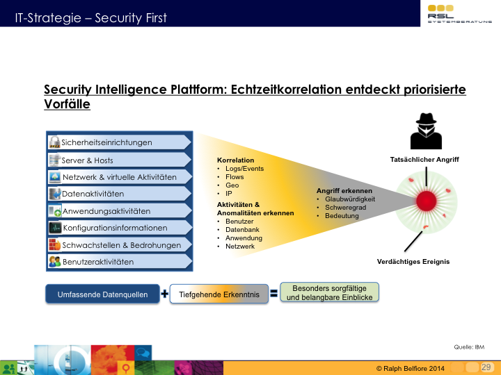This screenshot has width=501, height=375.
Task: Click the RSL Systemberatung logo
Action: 459,14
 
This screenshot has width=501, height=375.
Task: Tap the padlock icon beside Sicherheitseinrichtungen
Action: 55,142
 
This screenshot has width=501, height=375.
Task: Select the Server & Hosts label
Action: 87,160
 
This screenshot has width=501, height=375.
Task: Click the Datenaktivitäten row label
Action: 93,194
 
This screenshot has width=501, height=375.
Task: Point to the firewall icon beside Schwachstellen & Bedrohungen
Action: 55,244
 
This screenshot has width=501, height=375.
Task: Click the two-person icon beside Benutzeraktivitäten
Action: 55,262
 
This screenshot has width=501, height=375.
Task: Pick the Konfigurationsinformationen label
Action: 115,228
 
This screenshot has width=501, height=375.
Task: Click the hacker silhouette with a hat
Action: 426,131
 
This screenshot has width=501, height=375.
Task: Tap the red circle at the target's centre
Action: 427,201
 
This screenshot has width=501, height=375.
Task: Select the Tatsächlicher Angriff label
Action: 424,160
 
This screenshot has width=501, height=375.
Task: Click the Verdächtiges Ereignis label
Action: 413,262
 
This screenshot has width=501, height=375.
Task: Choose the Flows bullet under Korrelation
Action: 234,177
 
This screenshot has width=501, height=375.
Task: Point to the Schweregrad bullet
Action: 345,208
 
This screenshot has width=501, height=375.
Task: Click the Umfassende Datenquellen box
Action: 102,294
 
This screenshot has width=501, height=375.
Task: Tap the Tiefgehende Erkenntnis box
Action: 219,294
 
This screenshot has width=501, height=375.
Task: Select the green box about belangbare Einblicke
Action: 329,292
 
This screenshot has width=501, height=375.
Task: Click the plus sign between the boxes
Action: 164,294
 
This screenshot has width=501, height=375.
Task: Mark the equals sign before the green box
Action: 274,293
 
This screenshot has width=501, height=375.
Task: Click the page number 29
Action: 486,367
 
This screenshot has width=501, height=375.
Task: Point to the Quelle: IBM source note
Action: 469,347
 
